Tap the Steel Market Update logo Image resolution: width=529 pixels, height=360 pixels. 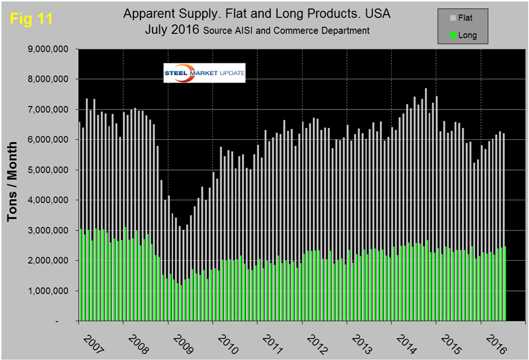(205, 73)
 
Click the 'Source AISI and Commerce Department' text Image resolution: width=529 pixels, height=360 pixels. (287, 30)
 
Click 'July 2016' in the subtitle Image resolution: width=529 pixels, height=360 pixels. (172, 29)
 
